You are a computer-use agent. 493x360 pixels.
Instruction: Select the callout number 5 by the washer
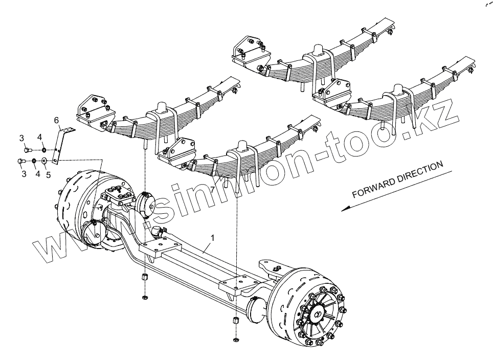pyautogui.click(x=48, y=174)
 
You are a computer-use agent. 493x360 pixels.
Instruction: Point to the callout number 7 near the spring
pyautogui.click(x=212, y=190)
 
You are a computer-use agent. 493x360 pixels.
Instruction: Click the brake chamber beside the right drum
pyautogui.click(x=256, y=310)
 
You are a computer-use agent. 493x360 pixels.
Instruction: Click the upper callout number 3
pyautogui.click(x=22, y=138)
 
